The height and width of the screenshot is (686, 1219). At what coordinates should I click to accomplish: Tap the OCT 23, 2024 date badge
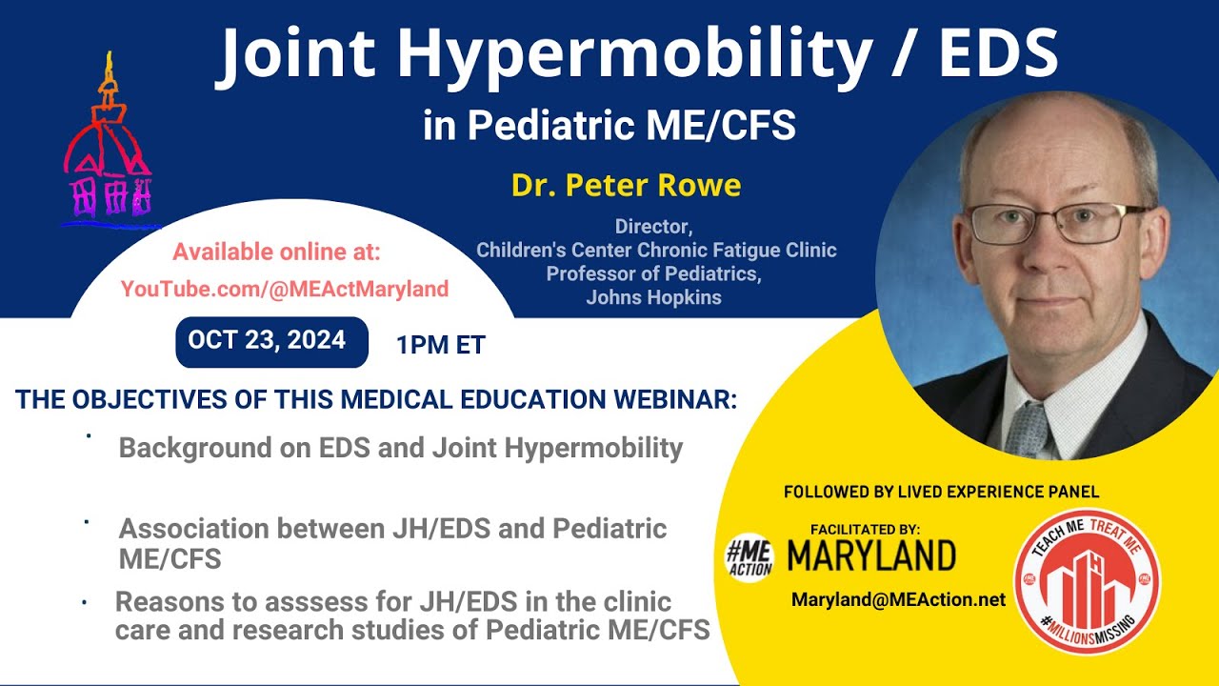pyautogui.click(x=271, y=341)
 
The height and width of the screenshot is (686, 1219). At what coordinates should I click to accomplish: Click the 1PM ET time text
pyautogui.click(x=441, y=345)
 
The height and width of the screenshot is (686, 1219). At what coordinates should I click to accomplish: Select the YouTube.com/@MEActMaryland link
pyautogui.click(x=284, y=289)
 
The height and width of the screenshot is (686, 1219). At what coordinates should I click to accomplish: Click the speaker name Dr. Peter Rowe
pyautogui.click(x=626, y=185)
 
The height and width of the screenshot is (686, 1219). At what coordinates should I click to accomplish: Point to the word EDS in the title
pyautogui.click(x=998, y=54)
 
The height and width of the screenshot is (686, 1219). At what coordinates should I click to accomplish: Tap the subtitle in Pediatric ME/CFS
pyautogui.click(x=609, y=126)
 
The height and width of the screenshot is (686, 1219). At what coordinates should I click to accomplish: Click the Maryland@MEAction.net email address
pyautogui.click(x=898, y=599)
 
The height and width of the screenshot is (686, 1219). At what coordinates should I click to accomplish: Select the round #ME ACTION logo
pyautogui.click(x=749, y=556)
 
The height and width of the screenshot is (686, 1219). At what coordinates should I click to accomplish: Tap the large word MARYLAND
pyautogui.click(x=870, y=555)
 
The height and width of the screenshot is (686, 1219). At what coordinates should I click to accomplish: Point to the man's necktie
pyautogui.click(x=1029, y=430)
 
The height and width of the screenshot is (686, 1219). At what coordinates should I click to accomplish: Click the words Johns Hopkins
pyautogui.click(x=653, y=297)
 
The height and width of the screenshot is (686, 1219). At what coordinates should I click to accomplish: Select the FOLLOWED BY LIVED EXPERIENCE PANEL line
pyautogui.click(x=941, y=492)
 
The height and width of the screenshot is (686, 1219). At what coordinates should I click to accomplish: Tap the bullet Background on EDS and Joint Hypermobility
pyautogui.click(x=400, y=448)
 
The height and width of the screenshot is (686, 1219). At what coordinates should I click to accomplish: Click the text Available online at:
pyautogui.click(x=276, y=252)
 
